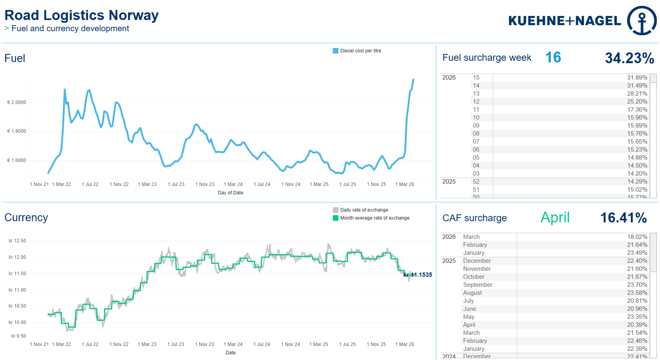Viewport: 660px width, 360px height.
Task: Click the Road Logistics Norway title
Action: point(82,16)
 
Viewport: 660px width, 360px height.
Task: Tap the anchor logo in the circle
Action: point(642,21)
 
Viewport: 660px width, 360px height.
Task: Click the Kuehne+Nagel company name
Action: point(564,21)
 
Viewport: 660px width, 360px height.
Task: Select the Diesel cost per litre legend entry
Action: point(357,51)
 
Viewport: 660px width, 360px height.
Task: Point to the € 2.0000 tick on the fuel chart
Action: point(16,102)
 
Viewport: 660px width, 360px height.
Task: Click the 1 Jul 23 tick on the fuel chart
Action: point(176,184)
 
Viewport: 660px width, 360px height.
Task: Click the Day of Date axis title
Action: point(230,193)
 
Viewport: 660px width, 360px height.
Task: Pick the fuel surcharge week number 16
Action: point(553,58)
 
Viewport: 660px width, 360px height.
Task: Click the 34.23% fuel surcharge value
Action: point(629,58)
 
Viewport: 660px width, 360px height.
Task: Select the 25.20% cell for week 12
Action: point(637,102)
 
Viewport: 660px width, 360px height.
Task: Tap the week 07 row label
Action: point(476,142)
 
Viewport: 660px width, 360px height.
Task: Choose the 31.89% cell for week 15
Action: point(637,78)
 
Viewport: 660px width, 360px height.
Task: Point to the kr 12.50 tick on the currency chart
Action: point(17,241)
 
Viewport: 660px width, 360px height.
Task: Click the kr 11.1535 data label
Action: point(418,275)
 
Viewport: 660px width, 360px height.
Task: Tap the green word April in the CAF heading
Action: point(555,218)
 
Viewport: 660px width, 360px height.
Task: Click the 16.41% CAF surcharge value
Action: point(623,218)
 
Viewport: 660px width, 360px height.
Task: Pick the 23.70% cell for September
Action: point(637,285)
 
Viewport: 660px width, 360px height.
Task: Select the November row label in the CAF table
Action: point(477,269)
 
